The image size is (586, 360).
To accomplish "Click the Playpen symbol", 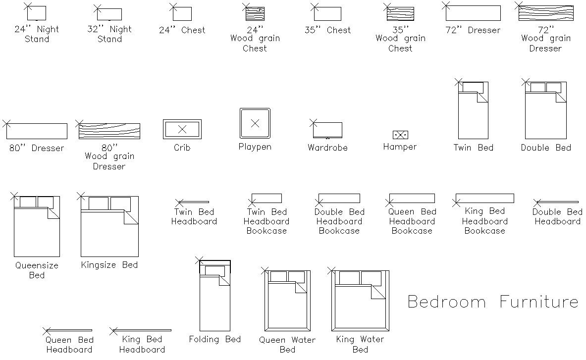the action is [x=255, y=124].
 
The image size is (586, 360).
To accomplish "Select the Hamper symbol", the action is [x=400, y=135].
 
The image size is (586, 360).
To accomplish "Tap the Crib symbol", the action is [x=182, y=129].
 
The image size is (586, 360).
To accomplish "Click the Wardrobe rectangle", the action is [x=327, y=130].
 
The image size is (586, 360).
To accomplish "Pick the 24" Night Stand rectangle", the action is [x=36, y=13].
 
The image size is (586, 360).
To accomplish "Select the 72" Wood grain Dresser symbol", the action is [x=546, y=13].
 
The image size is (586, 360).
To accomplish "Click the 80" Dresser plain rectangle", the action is [x=37, y=131].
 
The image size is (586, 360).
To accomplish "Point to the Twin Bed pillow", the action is [x=473, y=87].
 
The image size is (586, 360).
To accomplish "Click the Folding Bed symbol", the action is [x=215, y=297].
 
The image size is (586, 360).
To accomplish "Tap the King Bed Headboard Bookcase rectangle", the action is [x=484, y=199].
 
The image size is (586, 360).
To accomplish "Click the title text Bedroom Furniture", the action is [x=492, y=302].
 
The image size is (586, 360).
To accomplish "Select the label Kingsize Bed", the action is [x=109, y=265].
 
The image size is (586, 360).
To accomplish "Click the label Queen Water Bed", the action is [x=287, y=345].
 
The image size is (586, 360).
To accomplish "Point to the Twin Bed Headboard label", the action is [x=194, y=217].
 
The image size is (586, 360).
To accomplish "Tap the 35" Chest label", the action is [x=327, y=30].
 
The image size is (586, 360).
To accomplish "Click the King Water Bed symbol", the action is [x=360, y=301].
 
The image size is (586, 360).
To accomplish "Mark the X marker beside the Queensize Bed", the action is [x=14, y=196].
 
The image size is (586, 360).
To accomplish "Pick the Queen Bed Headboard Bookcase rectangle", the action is [x=412, y=199].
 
